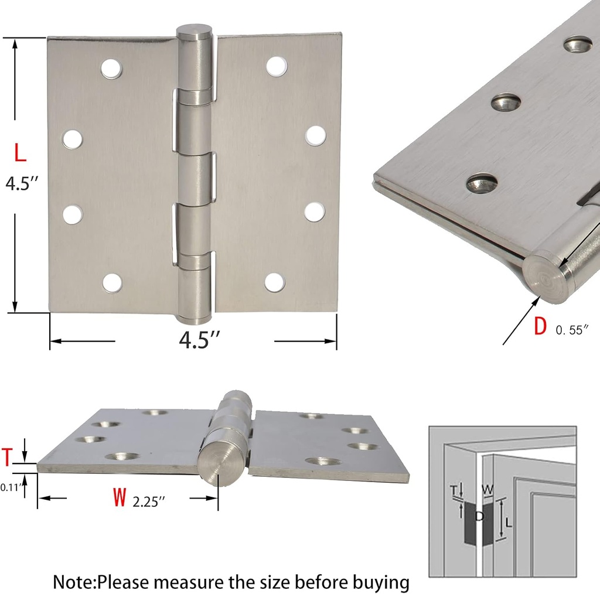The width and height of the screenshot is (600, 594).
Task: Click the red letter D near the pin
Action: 540,327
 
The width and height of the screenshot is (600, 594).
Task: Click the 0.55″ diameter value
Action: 571,330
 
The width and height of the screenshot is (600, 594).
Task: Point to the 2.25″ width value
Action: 149,501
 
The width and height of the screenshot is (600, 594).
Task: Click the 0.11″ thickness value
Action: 12,486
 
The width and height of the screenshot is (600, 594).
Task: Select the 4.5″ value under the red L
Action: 22,183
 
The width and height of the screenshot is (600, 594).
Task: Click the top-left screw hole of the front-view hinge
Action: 111,69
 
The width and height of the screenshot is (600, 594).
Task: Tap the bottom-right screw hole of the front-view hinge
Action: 274,282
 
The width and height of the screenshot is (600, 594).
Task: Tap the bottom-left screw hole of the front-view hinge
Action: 112,282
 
